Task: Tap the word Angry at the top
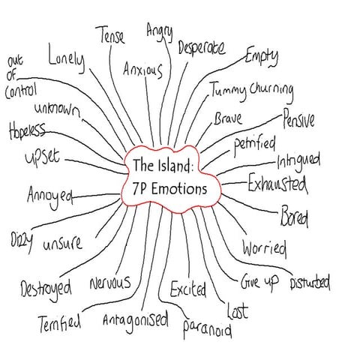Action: (159, 32)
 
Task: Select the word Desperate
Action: (202, 49)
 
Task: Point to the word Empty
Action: (262, 56)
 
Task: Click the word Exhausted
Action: (277, 182)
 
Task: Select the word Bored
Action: (294, 217)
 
